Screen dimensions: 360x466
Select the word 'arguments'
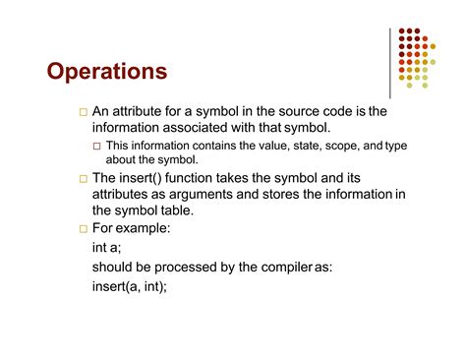200,194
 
